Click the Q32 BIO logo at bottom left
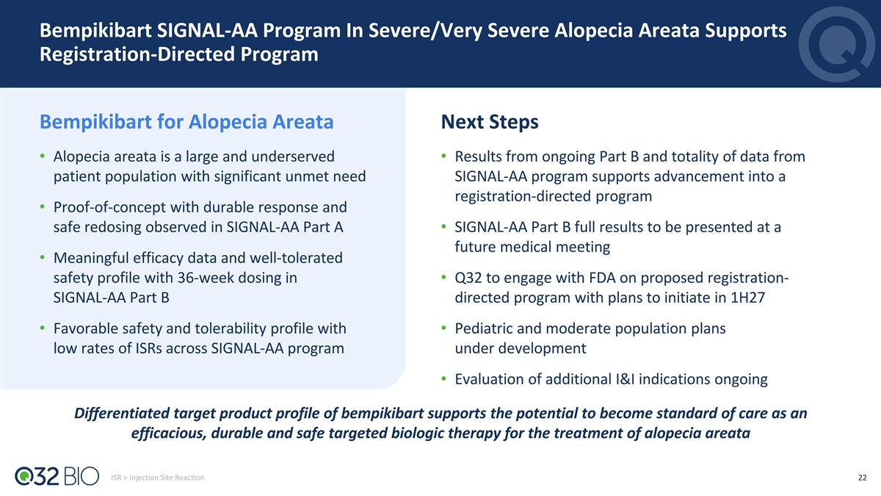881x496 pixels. (x=57, y=476)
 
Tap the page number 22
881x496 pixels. (x=862, y=478)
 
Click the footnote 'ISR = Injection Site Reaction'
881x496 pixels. (x=157, y=478)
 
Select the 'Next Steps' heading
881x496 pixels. (x=490, y=122)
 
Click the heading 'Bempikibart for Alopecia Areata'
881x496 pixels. (x=186, y=122)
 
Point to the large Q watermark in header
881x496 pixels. (x=836, y=44)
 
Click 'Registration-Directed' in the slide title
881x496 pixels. (x=137, y=54)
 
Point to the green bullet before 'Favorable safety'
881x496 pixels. (x=43, y=328)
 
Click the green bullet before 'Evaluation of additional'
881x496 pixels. (x=443, y=378)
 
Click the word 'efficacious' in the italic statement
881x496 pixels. (x=169, y=434)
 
